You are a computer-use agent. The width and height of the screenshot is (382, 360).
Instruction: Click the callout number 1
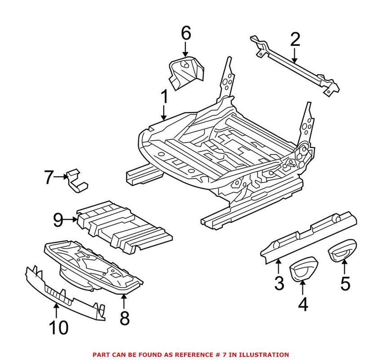(164, 97)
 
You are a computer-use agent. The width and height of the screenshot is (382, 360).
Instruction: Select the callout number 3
(279, 283)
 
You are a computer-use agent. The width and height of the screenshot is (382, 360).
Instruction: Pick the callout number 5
(345, 284)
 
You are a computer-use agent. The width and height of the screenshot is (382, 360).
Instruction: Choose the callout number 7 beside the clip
(49, 178)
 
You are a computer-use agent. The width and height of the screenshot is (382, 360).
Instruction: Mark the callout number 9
(58, 220)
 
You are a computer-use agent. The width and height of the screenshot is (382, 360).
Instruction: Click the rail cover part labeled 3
(310, 236)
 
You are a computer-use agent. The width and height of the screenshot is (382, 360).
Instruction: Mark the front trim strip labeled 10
(63, 292)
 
